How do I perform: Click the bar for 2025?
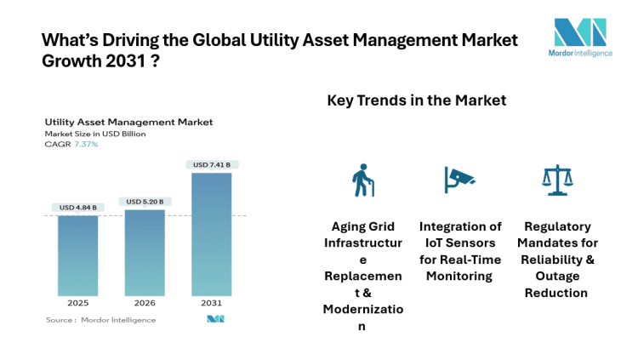(78, 254)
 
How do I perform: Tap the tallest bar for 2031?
(211, 233)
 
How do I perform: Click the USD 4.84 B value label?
(78, 207)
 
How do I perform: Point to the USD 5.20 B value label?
(145, 202)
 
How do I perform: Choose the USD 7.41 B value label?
(211, 164)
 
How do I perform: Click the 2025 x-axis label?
(78, 302)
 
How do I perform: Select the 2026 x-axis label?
(145, 302)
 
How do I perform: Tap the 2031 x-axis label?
(211, 302)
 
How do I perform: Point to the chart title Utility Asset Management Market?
(128, 123)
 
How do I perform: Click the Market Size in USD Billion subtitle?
(95, 134)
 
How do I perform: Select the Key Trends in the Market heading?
(416, 100)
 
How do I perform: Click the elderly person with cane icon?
(363, 180)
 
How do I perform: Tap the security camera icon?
(459, 179)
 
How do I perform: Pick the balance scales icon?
(556, 180)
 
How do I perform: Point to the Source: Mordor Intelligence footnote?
(101, 320)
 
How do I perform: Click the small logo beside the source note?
(214, 319)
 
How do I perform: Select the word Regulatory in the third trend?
(557, 226)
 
